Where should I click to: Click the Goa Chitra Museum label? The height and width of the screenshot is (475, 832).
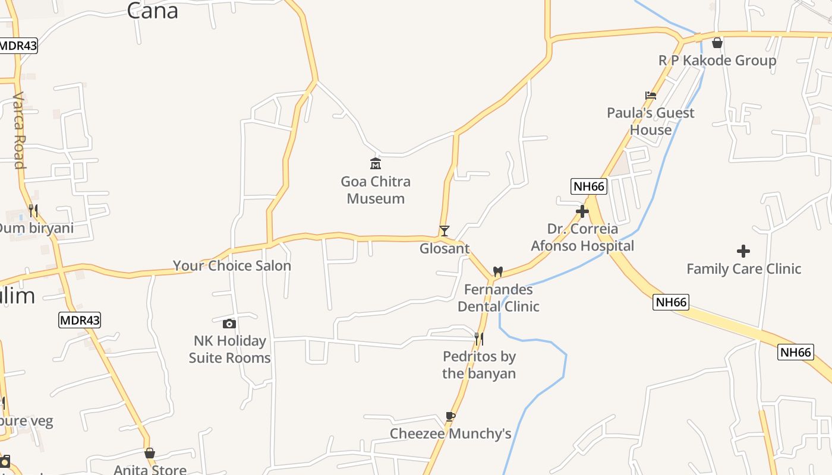[376, 190]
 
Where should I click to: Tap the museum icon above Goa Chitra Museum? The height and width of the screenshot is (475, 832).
[376, 163]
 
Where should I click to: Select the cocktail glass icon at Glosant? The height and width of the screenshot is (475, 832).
[444, 231]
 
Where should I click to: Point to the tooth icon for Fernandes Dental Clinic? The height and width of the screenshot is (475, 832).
[498, 271]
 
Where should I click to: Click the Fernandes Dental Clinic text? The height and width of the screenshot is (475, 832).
[498, 298]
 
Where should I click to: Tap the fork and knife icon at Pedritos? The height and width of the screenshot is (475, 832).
[478, 338]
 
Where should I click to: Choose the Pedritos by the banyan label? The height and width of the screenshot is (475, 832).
[479, 365]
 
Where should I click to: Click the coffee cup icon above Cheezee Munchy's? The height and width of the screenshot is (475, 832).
[450, 416]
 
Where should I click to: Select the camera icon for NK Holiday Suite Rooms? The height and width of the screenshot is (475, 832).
[229, 324]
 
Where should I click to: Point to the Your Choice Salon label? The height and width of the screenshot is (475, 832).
[232, 265]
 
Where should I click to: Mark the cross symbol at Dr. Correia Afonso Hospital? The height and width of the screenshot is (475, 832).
[582, 211]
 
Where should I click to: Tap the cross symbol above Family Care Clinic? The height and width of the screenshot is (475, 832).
[743, 251]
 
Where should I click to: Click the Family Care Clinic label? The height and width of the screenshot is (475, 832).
[743, 269]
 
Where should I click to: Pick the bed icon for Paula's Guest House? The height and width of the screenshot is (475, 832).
[651, 96]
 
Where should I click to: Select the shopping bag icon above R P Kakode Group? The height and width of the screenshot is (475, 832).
[717, 43]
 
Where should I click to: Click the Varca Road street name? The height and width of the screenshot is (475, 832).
[19, 131]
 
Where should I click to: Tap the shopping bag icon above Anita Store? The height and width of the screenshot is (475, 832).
[150, 454]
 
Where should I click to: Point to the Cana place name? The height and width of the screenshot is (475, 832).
[153, 11]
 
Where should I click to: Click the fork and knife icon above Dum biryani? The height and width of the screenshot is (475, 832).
[33, 211]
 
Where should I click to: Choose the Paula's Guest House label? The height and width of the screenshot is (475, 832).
[651, 121]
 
